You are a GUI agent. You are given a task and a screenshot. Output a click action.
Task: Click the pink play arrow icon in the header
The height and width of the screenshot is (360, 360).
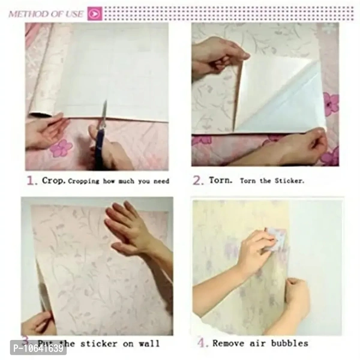click(x=94, y=13)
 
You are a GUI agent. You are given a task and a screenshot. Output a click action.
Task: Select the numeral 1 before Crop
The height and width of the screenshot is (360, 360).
click(x=30, y=179)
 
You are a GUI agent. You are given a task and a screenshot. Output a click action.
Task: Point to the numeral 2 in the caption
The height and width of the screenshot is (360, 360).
click(x=197, y=180)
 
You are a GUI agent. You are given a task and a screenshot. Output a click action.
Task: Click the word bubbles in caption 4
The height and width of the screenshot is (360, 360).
click(x=290, y=343)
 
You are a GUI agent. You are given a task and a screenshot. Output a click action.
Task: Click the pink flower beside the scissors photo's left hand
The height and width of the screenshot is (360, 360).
click(x=61, y=148)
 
